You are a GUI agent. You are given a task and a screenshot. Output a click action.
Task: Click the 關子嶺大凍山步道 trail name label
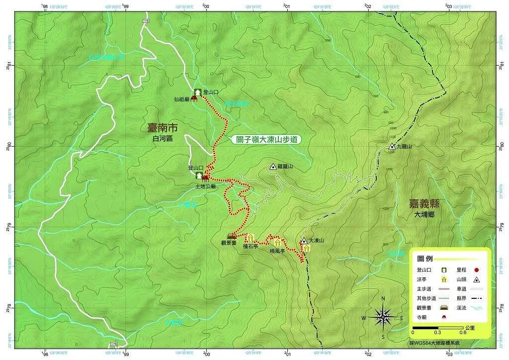pos(267,140)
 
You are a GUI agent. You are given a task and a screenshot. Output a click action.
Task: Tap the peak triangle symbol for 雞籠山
pos(273,167)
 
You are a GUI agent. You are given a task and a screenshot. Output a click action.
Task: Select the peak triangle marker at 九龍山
pos(392,147)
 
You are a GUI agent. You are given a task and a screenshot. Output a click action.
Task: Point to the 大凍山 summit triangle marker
pos(304,241)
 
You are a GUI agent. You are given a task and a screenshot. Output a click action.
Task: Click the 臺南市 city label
pos(162,128)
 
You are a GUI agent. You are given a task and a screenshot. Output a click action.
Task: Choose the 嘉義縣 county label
pos(424,204)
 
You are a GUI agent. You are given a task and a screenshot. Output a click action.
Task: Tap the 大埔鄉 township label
pos(424,215)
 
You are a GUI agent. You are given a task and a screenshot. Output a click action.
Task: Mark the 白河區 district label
pos(162,139)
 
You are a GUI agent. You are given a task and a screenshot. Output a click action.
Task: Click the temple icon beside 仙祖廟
pos(194,98)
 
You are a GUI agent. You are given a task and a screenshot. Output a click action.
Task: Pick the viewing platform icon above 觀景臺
pos(231,236)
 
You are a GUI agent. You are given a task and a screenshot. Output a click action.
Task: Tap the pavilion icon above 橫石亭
pos(251,238)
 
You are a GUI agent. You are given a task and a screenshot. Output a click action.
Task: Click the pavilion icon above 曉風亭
pos(277,243)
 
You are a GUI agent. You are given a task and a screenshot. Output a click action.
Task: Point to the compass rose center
pos(383,316)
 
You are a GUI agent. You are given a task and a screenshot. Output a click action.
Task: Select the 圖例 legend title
pos(424,259)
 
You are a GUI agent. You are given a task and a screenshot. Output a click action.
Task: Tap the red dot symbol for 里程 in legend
pos(476,270)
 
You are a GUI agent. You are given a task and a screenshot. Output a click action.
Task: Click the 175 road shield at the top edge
pos(146,20)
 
